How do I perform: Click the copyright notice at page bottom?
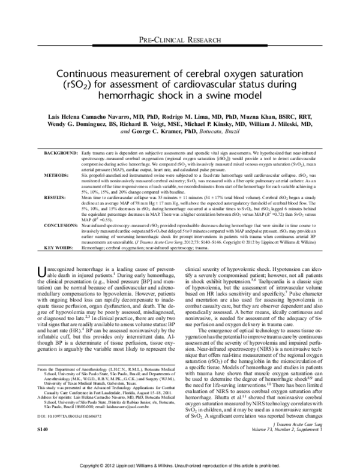click(180, 464)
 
